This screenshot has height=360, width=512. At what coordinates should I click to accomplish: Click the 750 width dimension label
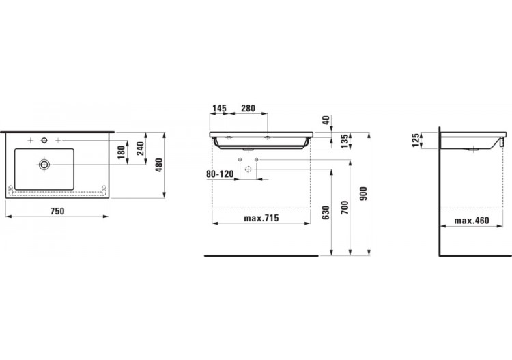[57, 211]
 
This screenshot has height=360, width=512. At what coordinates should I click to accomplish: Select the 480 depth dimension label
[158, 165]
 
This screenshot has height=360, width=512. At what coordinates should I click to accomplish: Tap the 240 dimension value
[140, 149]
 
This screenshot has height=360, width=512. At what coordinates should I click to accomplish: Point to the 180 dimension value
[121, 152]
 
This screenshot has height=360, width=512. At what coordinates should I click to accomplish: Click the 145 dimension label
[219, 108]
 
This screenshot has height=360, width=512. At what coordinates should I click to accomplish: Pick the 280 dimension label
[248, 108]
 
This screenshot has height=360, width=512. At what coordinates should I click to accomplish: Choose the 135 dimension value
[345, 141]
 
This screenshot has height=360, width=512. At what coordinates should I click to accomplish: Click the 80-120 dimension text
[220, 174]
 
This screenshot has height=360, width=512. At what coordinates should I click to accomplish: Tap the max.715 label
[261, 218]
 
